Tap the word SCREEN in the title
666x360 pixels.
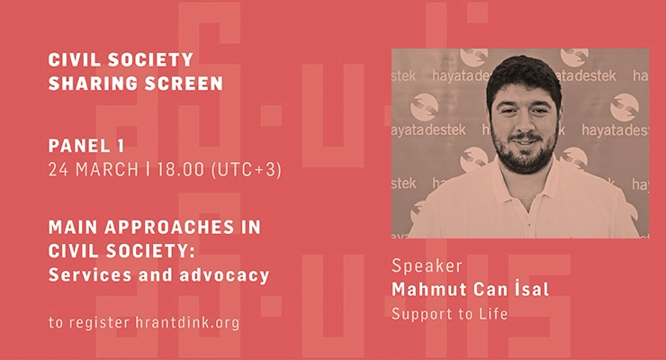coord(184,84)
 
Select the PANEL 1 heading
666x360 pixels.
coord(86,146)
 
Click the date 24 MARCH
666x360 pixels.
coord(94,170)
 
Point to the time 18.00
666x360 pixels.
coord(181,170)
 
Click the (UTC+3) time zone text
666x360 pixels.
coord(247,170)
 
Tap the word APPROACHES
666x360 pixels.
coord(169,228)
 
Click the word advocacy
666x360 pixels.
coord(224,276)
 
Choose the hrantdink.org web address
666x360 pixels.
coord(187,322)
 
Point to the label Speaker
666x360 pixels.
coord(427,266)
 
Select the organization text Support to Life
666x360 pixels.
coord(450,314)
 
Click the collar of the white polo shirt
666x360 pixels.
coord(526,183)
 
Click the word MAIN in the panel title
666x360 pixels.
coord(73,228)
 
